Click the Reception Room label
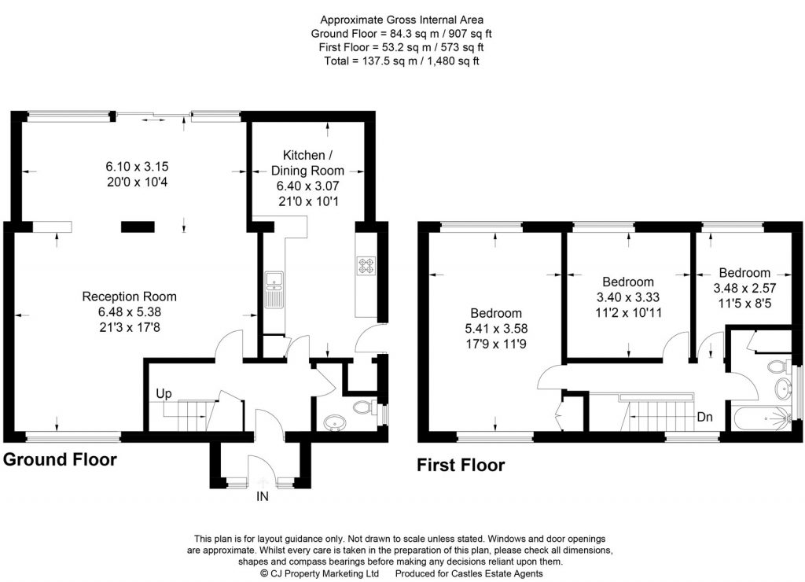click(129, 297)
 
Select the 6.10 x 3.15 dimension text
click(138, 167)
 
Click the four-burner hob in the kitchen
click(366, 266)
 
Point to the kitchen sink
click(274, 289)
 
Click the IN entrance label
click(262, 498)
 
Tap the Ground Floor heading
click(61, 459)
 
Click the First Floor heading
click(460, 466)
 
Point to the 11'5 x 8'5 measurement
click(742, 300)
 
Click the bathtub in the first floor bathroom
click(761, 418)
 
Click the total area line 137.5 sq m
click(402, 61)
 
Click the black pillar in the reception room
click(138, 227)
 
